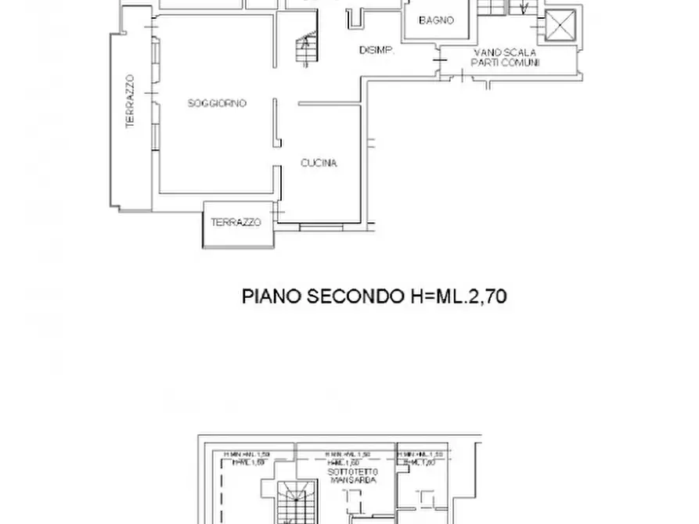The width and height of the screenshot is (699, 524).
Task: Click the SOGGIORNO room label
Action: click(x=217, y=103)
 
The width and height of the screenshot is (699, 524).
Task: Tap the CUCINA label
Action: click(x=319, y=163)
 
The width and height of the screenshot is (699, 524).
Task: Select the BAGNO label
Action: click(x=436, y=21)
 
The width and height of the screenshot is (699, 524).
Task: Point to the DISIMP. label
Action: click(x=375, y=51)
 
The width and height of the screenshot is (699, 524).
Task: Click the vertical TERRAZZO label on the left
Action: click(x=130, y=101)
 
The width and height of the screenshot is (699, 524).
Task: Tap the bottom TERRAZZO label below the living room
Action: click(x=235, y=223)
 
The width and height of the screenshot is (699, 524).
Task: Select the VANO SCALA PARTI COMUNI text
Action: click(x=505, y=58)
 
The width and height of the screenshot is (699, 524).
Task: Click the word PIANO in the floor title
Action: click(x=270, y=297)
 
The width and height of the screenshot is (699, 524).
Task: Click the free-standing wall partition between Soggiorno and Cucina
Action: click(x=276, y=123)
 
